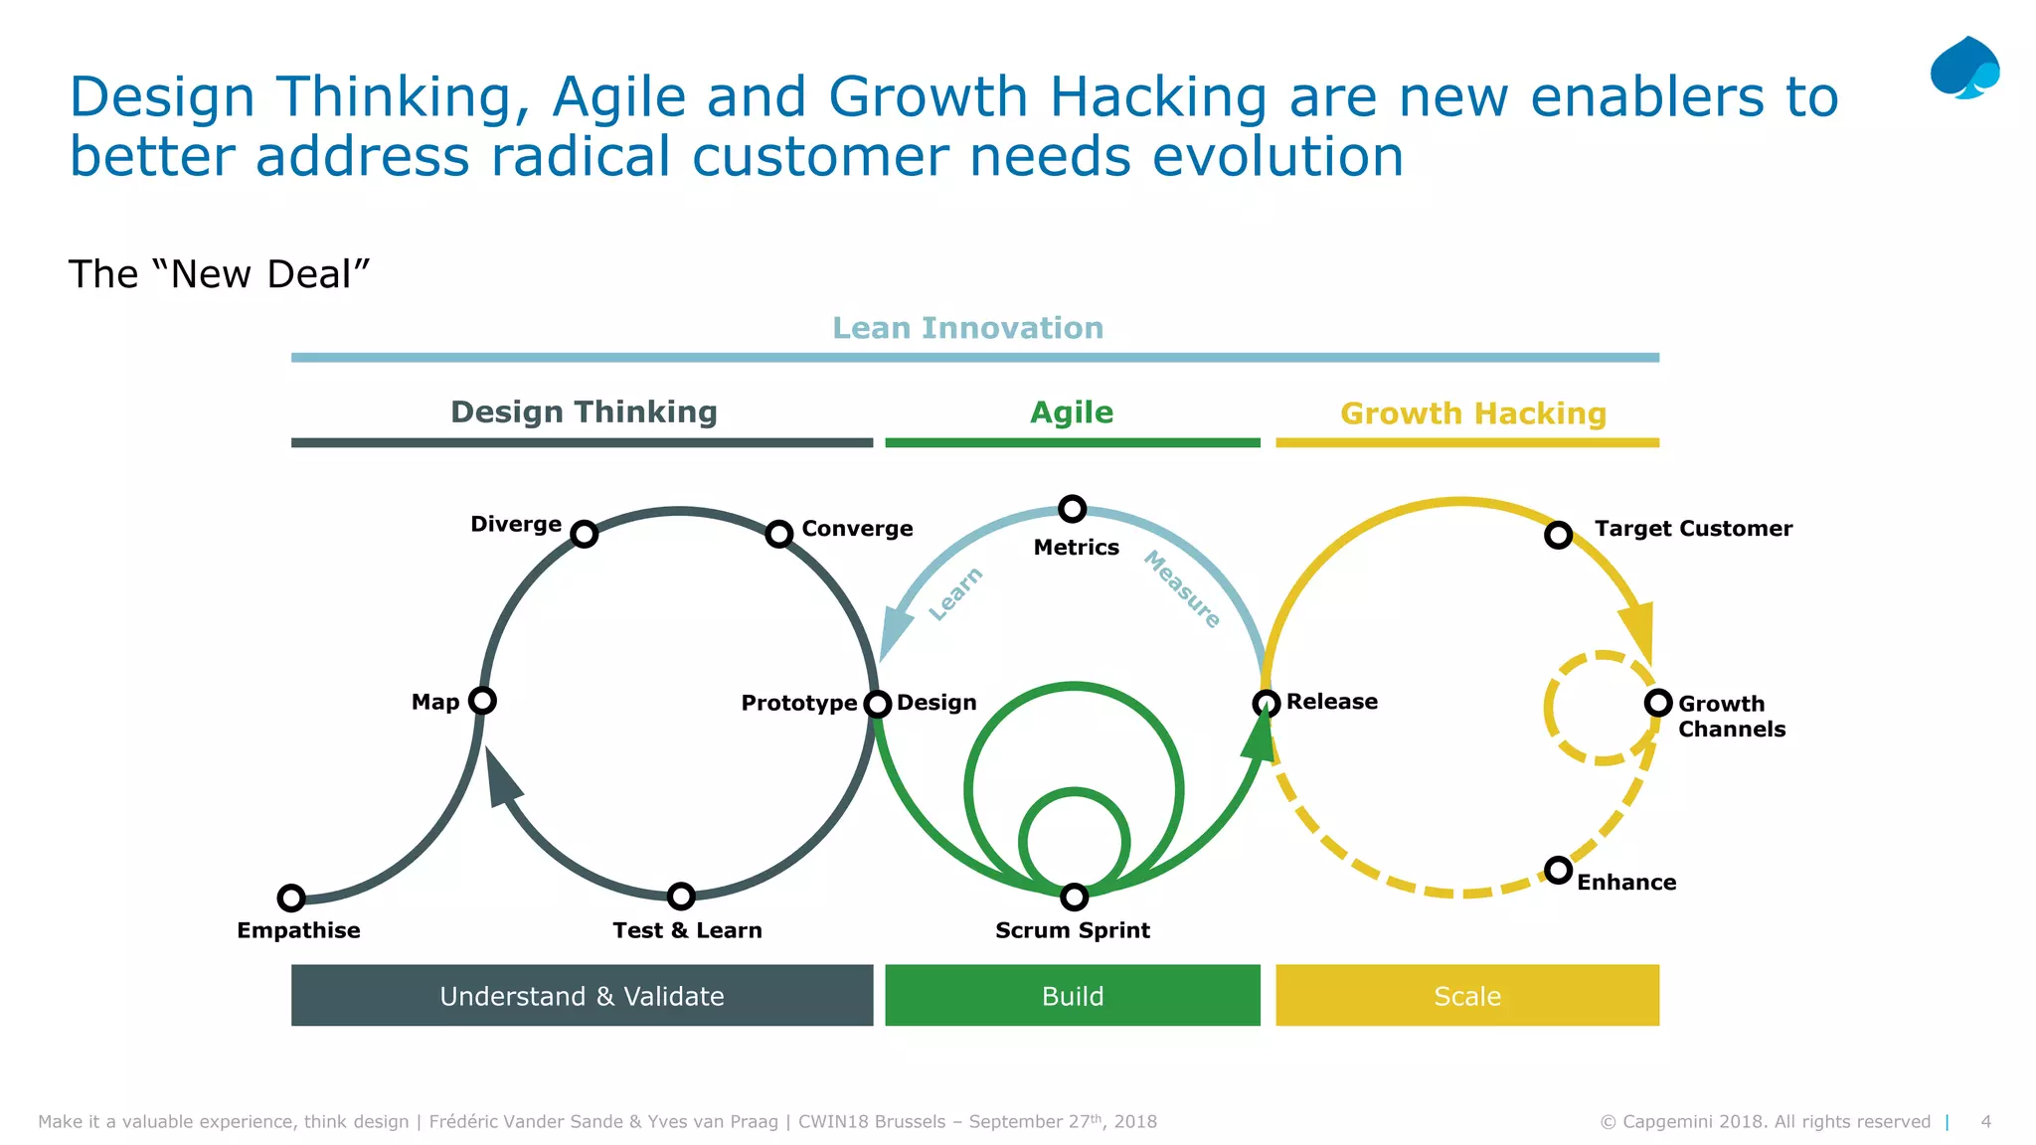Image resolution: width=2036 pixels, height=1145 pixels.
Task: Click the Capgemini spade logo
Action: [x=1964, y=68]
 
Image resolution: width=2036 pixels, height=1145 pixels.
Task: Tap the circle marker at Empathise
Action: [x=291, y=898]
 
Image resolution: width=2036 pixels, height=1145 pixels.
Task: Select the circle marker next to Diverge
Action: [x=585, y=534]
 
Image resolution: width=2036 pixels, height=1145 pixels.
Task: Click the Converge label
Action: [x=857, y=529]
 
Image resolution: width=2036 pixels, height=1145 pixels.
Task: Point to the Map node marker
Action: [x=482, y=701]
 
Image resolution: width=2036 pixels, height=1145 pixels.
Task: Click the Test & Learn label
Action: [x=687, y=930]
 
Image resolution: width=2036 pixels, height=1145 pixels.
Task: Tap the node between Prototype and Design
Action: [x=877, y=704]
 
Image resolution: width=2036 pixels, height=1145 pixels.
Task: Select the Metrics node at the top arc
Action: [x=1072, y=509]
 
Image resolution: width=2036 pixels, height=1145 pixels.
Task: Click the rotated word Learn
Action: [x=955, y=594]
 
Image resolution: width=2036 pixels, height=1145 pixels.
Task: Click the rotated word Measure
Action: [x=1182, y=589]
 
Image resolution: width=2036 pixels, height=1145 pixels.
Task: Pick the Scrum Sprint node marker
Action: [x=1074, y=897]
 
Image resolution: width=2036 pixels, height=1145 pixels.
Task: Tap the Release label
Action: [x=1331, y=702]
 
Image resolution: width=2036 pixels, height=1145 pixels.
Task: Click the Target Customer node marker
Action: [x=1558, y=535]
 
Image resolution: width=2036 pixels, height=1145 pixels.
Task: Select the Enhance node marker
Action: [x=1558, y=871]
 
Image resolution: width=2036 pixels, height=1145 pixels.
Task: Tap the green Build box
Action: [x=1072, y=995]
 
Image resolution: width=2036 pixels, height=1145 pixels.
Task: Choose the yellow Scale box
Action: [x=1466, y=995]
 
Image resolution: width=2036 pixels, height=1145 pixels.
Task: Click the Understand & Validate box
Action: [x=582, y=995]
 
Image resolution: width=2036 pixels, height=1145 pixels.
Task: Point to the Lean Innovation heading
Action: [x=967, y=328]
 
